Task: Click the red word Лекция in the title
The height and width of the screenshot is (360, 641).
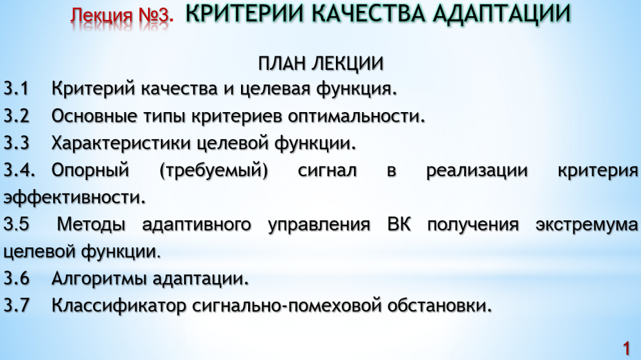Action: (101, 16)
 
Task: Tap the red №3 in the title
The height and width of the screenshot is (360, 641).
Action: (156, 15)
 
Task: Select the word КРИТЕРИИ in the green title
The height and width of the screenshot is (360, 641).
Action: (244, 13)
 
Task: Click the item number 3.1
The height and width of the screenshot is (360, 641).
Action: (17, 88)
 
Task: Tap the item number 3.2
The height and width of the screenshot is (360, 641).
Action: (17, 116)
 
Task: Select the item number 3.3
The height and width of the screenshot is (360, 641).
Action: (17, 143)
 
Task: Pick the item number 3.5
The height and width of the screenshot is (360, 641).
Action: (17, 224)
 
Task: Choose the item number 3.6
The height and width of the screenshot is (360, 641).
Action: (17, 278)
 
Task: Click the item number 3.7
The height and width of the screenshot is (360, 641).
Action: (17, 306)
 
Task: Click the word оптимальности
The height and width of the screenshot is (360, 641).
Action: (356, 117)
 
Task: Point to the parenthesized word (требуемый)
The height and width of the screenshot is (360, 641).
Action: (213, 170)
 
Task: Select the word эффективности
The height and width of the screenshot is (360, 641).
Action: (74, 197)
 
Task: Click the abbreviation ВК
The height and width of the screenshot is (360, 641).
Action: (399, 224)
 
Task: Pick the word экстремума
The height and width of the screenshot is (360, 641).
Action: (587, 225)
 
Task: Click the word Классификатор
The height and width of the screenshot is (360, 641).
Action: (119, 306)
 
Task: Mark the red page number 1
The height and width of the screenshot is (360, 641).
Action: (626, 348)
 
